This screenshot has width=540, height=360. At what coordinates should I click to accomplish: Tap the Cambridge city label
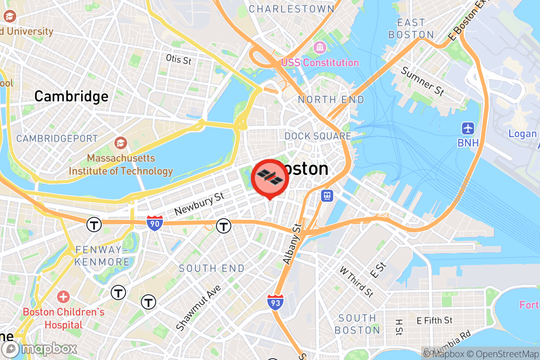(x=71, y=96)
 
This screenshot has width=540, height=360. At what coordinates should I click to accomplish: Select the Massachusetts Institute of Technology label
(x=121, y=165)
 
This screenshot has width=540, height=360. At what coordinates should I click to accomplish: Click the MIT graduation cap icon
(x=120, y=143)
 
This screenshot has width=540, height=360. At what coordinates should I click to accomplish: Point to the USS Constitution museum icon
(x=320, y=47)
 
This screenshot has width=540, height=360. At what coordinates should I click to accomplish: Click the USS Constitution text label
(x=320, y=63)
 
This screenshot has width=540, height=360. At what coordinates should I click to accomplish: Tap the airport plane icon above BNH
(x=468, y=128)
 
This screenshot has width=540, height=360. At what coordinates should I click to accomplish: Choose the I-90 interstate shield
(x=154, y=223)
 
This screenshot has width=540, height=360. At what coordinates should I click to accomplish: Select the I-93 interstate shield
(x=275, y=302)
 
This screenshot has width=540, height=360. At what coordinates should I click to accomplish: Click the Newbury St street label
(x=199, y=204)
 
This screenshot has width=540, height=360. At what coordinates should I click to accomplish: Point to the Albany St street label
(x=292, y=244)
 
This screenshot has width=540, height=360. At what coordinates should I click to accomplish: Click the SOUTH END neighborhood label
(x=211, y=269)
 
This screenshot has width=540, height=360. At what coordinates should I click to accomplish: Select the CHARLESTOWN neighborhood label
(x=292, y=9)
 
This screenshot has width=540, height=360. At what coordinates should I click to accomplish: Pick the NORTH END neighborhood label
(x=331, y=99)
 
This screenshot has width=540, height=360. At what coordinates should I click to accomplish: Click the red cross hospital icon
(x=63, y=297)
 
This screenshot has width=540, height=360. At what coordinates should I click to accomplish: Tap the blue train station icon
(x=327, y=195)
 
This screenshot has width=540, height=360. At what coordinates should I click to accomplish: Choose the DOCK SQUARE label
(x=318, y=136)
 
